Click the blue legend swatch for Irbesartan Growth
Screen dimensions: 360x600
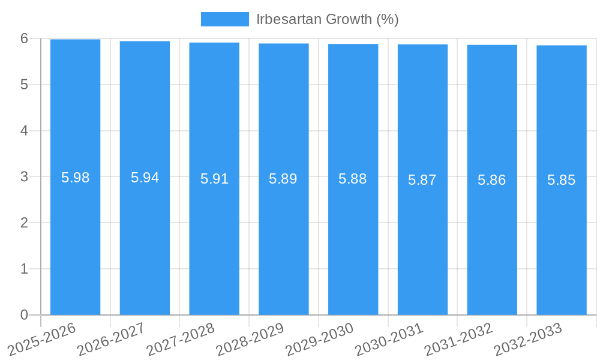point(224,19)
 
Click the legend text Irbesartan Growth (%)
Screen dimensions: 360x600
point(327,19)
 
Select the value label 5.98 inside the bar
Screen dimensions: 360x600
point(76,178)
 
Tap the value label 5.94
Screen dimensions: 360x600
point(145,178)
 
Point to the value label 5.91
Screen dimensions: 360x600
point(214,179)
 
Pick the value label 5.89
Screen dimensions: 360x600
point(283,179)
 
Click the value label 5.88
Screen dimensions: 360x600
point(353,179)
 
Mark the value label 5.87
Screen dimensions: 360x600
point(422,179)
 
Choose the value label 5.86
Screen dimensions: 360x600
point(492,179)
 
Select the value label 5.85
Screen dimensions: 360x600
point(562,179)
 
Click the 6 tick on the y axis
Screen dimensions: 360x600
point(24,38)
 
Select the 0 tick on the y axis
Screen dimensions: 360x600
point(24,315)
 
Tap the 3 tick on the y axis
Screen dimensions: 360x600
point(24,177)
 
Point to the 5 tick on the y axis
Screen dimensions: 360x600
point(24,85)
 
